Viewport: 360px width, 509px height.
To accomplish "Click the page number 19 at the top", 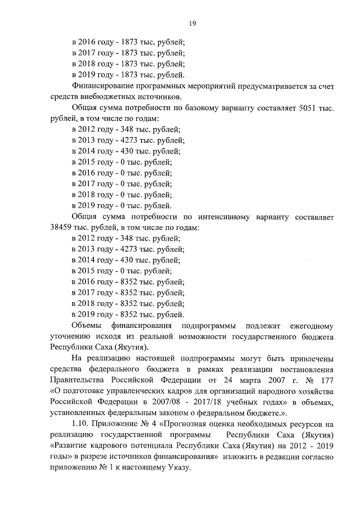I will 191,23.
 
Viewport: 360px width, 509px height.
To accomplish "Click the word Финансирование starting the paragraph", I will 105,86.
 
